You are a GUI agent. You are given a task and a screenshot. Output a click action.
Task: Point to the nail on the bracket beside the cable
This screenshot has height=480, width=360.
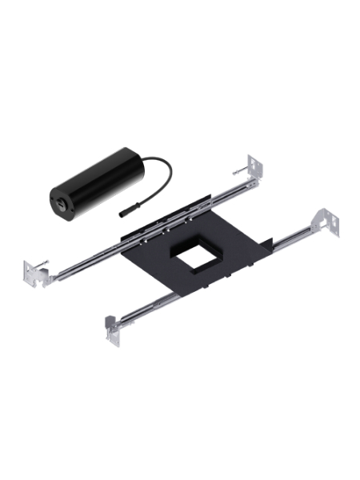tap(238, 170)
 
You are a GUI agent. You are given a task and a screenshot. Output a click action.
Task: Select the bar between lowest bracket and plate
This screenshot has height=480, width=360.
tap(144, 305)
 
